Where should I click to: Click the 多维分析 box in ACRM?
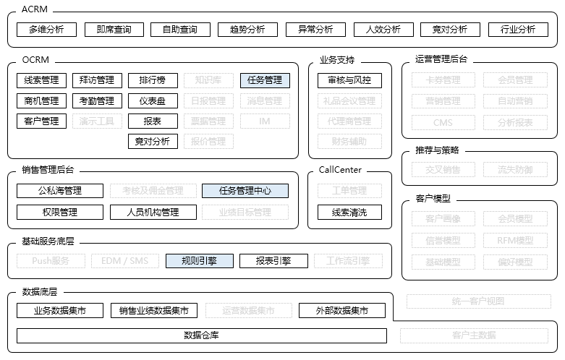[46, 30]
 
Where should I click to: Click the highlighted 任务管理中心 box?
[245, 191]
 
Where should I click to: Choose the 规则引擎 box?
[199, 261]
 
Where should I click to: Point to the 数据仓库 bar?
[201, 335]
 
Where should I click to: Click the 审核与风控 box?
[349, 80]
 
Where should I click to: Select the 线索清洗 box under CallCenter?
[349, 213]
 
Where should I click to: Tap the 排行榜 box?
[153, 80]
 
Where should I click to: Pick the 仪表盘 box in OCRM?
[153, 101]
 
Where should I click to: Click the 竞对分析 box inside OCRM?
[153, 142]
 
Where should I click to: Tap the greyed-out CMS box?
[443, 122]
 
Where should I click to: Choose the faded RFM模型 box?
[515, 240]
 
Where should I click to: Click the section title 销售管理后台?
[48, 171]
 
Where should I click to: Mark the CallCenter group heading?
[340, 171]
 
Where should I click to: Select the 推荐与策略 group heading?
[437, 150]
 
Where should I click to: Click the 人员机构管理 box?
[153, 213]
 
